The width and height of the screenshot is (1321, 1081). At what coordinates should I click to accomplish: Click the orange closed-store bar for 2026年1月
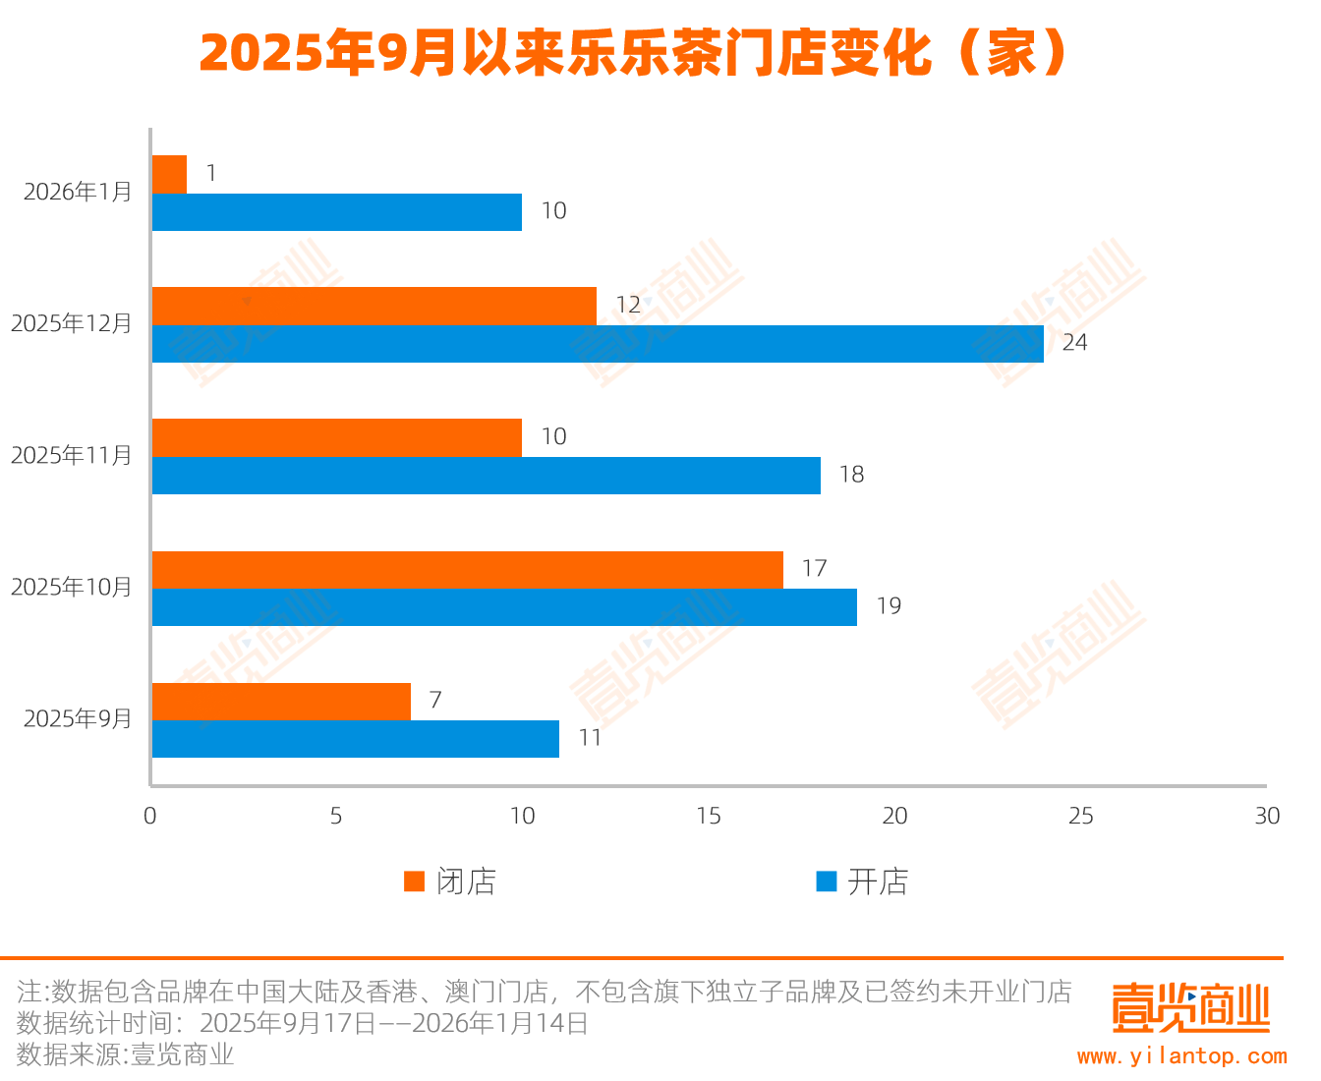click(169, 174)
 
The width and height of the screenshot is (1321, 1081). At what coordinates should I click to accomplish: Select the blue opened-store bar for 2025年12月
click(598, 344)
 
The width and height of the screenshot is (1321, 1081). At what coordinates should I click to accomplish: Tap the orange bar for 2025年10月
click(468, 570)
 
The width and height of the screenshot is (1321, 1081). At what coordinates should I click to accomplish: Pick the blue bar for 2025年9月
click(356, 739)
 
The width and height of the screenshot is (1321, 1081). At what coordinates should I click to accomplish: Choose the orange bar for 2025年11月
click(337, 437)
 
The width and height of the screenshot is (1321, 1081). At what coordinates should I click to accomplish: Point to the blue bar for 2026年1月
click(337, 212)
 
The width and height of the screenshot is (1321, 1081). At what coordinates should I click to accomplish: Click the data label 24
click(1074, 343)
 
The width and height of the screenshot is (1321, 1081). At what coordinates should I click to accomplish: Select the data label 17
click(814, 569)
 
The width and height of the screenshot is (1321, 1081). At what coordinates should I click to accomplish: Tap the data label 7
click(435, 701)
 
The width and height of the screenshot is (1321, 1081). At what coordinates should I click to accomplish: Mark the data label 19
click(889, 606)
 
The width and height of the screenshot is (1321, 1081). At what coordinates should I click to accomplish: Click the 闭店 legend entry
click(450, 882)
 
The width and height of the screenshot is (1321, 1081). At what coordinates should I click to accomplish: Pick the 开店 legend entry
click(862, 882)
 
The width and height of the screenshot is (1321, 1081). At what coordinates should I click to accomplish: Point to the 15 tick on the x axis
click(709, 817)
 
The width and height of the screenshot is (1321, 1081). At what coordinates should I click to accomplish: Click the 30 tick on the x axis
click(1267, 817)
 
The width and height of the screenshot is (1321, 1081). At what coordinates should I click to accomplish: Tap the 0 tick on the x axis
click(150, 817)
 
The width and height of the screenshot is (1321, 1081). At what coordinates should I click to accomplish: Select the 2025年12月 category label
click(72, 323)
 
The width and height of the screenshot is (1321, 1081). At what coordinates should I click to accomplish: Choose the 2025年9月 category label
click(78, 719)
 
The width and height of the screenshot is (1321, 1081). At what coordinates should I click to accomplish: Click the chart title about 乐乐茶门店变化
click(634, 53)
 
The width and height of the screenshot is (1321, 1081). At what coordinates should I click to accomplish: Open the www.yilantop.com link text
click(1181, 1056)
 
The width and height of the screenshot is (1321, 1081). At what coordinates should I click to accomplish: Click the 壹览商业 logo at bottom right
click(1190, 1007)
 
